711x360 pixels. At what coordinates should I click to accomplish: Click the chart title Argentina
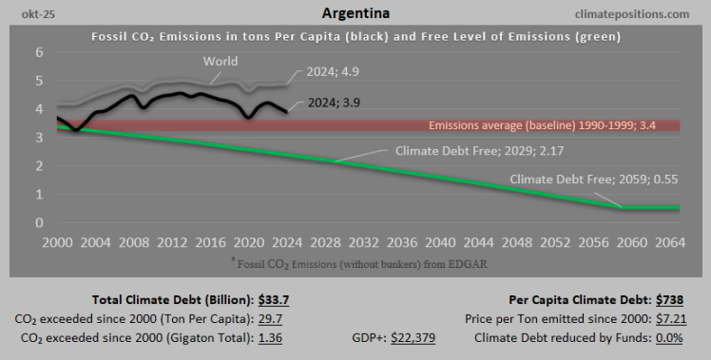tap(355, 13)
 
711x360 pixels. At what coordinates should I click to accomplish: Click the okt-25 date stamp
tap(26, 14)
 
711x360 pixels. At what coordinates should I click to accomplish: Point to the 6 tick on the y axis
tap(40, 53)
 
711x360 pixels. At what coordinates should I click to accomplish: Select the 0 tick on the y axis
tap(40, 223)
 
